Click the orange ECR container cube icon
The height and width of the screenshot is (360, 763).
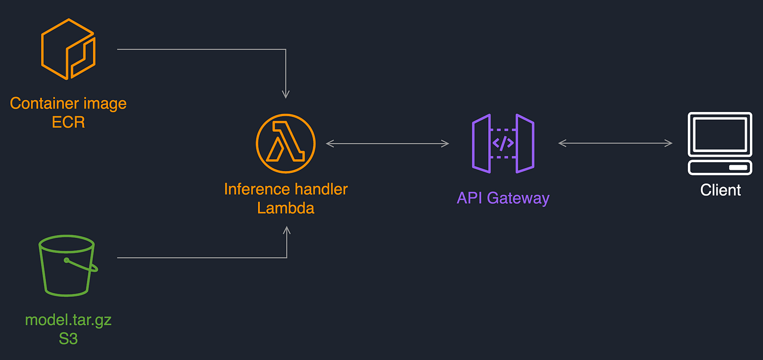click(x=68, y=49)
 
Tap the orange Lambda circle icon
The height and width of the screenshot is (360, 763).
click(x=286, y=144)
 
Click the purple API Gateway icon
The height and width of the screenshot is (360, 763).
click(x=503, y=144)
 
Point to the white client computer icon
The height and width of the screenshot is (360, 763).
click(x=720, y=144)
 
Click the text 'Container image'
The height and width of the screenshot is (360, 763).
click(x=68, y=103)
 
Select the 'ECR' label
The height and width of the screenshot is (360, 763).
click(x=68, y=122)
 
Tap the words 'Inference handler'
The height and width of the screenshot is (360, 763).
click(x=286, y=189)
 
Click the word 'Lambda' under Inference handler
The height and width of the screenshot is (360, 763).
click(x=286, y=208)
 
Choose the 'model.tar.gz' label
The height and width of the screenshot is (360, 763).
click(x=68, y=320)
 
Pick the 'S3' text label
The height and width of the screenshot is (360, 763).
click(x=68, y=339)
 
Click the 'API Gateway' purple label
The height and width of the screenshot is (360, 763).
click(x=503, y=198)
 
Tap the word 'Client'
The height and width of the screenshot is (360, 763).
click(x=720, y=190)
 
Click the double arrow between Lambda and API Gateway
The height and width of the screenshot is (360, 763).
click(x=387, y=143)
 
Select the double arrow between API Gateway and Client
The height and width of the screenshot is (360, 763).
click(x=615, y=143)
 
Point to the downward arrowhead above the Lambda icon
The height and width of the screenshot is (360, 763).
click(x=286, y=94)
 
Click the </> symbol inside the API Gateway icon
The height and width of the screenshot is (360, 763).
click(x=503, y=144)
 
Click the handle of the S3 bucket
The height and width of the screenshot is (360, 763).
click(x=82, y=265)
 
